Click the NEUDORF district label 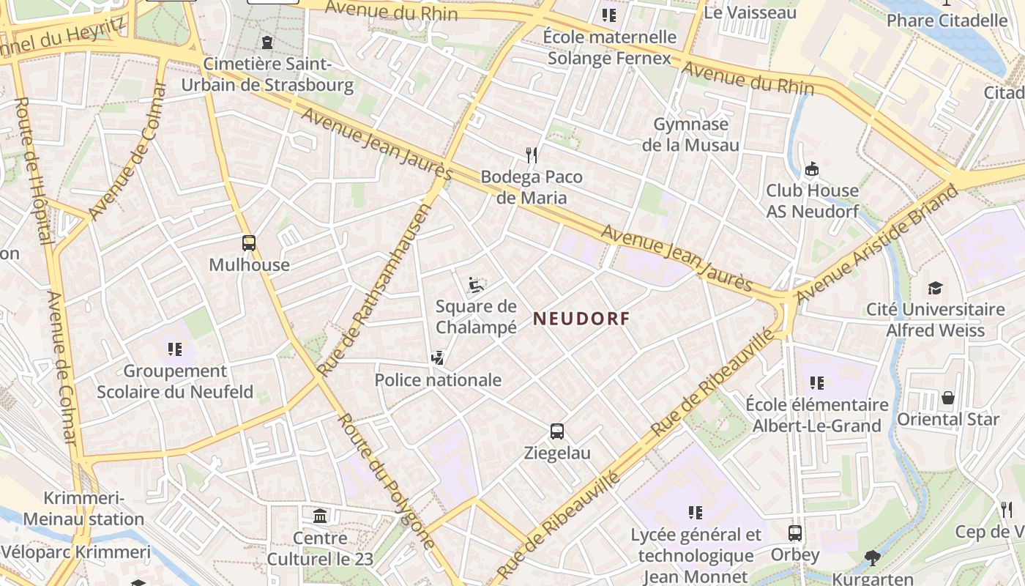581,319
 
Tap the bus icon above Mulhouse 249,243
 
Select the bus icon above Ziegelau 557,431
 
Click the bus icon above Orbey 795,533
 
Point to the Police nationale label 438,380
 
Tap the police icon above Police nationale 438,358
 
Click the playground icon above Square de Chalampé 476,284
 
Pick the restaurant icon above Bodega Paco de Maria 532,155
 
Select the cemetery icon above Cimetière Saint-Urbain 267,42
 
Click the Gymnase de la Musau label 690,135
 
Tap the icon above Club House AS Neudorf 811,169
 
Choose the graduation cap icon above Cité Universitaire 935,288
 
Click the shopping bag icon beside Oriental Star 948,398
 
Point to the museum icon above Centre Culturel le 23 320,516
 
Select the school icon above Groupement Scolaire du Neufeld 174,349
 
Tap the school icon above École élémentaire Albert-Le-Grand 817,382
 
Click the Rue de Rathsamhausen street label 374,291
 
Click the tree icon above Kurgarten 872,558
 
